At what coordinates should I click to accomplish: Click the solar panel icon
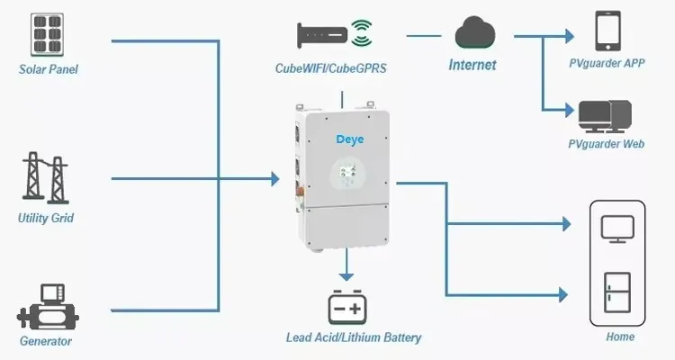click(48, 34)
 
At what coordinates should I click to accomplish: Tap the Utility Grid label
click(46, 218)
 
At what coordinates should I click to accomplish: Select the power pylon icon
click(45, 178)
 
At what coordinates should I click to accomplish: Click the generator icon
click(48, 307)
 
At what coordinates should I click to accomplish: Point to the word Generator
click(46, 341)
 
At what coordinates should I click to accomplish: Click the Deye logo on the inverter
click(349, 139)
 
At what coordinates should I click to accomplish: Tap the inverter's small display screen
click(347, 172)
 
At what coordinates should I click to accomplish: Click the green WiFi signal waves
click(362, 32)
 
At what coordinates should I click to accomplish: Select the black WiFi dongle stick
click(322, 34)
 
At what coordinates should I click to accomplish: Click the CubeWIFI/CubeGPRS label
click(330, 68)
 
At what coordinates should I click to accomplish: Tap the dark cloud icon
click(475, 32)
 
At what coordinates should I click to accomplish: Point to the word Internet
click(472, 65)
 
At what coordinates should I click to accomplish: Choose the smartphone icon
click(607, 31)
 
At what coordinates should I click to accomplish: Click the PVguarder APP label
click(607, 63)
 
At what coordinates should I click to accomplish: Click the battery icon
click(347, 307)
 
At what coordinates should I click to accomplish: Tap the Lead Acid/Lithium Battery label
click(354, 337)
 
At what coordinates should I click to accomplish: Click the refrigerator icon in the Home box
click(616, 292)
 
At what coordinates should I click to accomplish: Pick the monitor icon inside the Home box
click(617, 229)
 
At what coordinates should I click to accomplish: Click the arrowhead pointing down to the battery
click(346, 275)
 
